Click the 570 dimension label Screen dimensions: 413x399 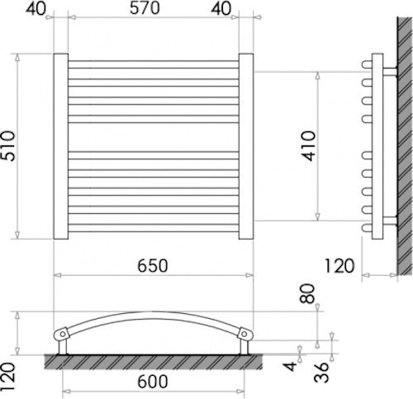[x=145, y=8]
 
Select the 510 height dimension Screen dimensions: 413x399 [x=7, y=146]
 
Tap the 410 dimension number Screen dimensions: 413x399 [x=308, y=146]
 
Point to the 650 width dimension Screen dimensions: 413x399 [x=153, y=266]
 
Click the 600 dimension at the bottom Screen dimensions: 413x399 [x=153, y=382]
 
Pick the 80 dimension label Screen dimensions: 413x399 [x=307, y=294]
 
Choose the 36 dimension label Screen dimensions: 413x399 [x=321, y=373]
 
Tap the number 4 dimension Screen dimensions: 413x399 [x=290, y=367]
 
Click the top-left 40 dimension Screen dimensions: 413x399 [x=36, y=8]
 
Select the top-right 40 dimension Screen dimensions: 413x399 [x=221, y=8]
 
